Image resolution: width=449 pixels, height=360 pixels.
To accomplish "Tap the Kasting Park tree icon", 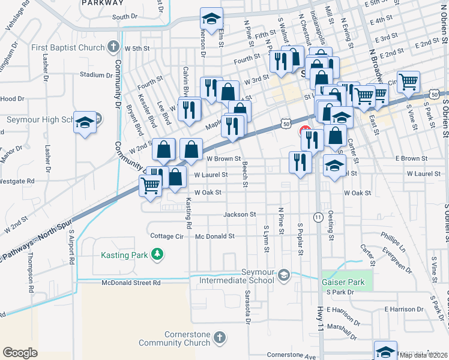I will coord(157,255).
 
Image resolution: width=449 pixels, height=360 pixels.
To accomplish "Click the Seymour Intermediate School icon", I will coord(284,275).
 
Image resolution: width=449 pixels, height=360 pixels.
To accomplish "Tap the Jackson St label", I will coord(240,214).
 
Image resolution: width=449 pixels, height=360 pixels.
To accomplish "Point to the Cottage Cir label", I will coord(166,236).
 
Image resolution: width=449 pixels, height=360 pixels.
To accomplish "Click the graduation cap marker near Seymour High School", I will coord(85,122).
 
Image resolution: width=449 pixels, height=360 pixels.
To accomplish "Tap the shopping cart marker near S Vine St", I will coord(408,81).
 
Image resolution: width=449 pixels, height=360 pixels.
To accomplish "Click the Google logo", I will coord(20,353).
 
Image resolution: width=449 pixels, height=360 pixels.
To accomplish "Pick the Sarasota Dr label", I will coord(247,305).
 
